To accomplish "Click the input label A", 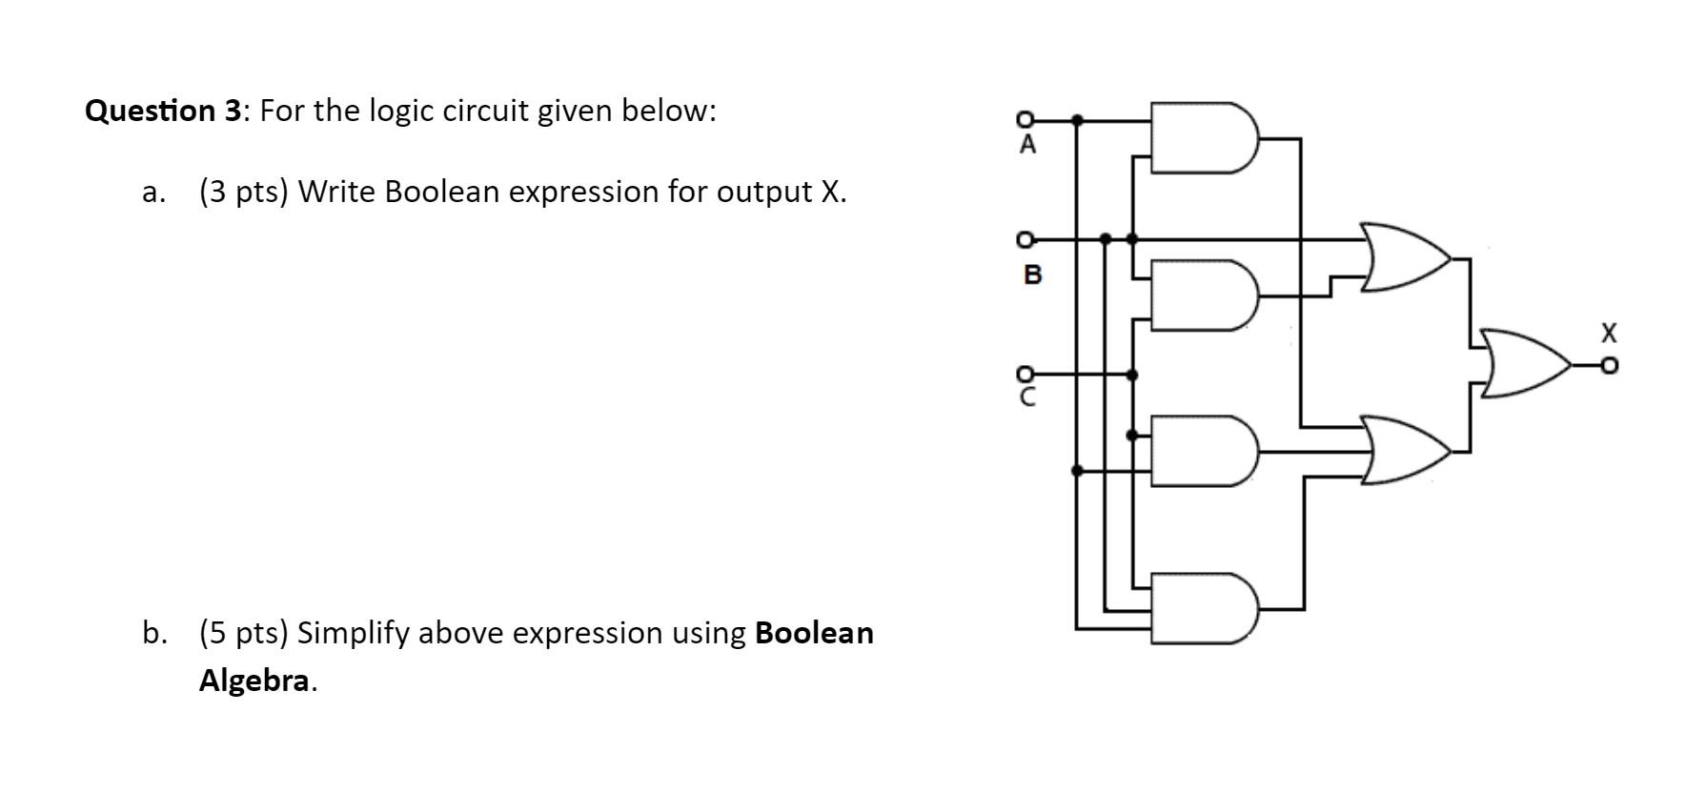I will click(x=1026, y=146).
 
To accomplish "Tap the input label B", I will click(x=1032, y=275).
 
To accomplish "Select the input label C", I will click(x=1026, y=398).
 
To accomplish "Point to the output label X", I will click(x=1609, y=334).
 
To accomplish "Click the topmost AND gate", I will click(x=1204, y=137).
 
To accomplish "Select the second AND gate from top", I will click(x=1204, y=295).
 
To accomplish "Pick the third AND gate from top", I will click(x=1204, y=451).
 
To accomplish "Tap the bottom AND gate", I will click(x=1204, y=608).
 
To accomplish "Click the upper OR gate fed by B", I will click(x=1407, y=257).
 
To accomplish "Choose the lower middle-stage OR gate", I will click(x=1407, y=450).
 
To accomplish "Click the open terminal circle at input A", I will click(x=1025, y=119).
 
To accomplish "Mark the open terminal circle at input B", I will click(x=1025, y=237).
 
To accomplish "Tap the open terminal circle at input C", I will click(x=1025, y=374).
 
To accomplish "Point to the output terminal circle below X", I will click(x=1609, y=364).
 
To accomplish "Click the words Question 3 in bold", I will click(x=164, y=112).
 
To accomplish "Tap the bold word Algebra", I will click(x=254, y=681).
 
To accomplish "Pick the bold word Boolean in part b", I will click(x=814, y=633).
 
